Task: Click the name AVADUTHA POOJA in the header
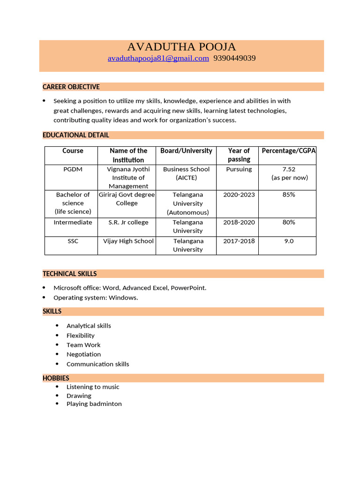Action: coord(181,47)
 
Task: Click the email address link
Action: coord(158,59)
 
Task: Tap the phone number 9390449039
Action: coord(234,59)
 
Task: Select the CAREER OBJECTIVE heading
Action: coord(71,87)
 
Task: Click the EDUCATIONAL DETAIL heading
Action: coord(76,135)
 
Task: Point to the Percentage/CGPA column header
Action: coord(288,151)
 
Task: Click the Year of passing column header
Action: coord(239,155)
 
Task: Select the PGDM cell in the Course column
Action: coord(73,169)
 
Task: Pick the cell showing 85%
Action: coord(289,195)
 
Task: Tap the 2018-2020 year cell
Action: coord(239,222)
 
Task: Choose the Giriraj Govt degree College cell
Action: coord(127,199)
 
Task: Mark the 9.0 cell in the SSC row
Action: coord(289,241)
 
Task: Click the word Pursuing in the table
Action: coord(239,169)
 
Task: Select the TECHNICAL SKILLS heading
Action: coord(70,274)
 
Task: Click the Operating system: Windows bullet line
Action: coord(96,298)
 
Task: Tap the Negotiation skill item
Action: coord(83,354)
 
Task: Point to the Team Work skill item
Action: coord(83,345)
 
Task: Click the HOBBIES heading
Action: coord(56,378)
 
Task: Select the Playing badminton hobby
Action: coord(94,404)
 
